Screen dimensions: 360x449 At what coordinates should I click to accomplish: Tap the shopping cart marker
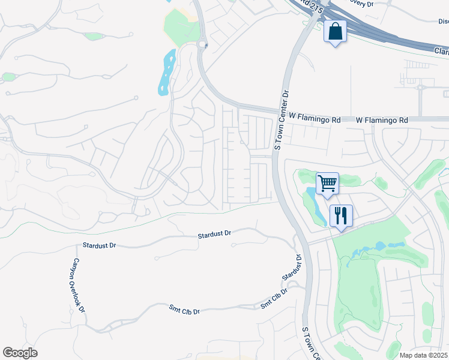[327, 182]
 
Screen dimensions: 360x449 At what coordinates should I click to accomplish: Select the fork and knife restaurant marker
[341, 216]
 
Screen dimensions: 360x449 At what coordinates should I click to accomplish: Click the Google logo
[20, 353]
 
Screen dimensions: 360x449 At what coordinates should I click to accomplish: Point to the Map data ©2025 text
[424, 355]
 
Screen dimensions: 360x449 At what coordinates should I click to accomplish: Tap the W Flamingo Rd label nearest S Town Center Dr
[315, 120]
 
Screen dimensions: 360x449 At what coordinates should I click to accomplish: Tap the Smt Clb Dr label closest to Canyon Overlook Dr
[184, 311]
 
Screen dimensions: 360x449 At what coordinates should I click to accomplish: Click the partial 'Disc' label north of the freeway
[443, 22]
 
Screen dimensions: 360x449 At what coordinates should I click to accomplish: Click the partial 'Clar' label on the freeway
[441, 52]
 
